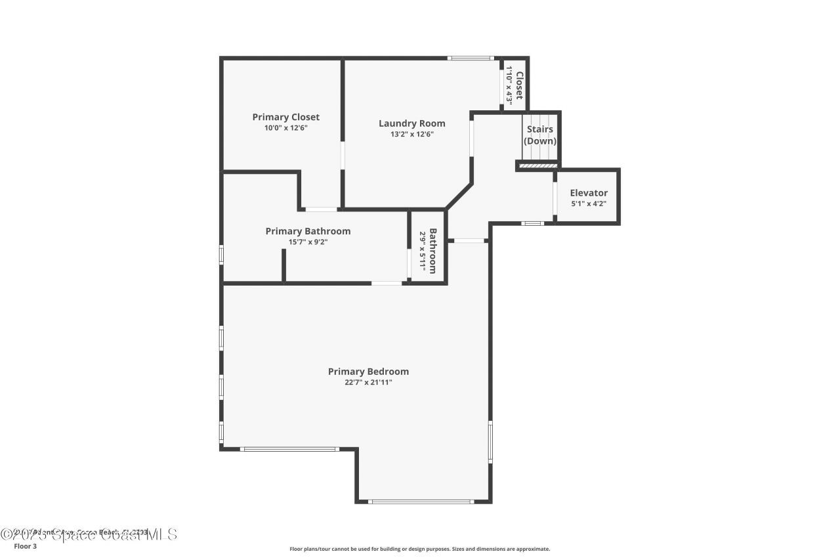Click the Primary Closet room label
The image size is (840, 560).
(285, 117)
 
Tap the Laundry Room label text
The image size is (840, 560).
(411, 123)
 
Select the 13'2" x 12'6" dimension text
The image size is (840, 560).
(411, 134)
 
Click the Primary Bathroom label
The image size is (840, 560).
(308, 231)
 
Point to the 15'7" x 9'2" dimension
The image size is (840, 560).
(308, 242)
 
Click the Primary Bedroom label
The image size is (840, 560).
(368, 372)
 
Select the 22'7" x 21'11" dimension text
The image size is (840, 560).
(368, 382)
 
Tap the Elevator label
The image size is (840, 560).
(589, 193)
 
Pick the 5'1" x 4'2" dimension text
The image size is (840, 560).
(589, 204)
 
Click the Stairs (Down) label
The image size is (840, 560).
(540, 135)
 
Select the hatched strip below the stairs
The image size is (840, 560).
(538, 166)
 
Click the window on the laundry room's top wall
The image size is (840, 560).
(471, 58)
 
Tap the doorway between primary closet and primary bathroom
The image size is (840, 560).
(322, 209)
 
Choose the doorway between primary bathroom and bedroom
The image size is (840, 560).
(387, 284)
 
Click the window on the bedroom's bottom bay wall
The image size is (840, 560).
(420, 502)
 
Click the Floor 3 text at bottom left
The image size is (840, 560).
(25, 546)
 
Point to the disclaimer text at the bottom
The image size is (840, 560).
(420, 549)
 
